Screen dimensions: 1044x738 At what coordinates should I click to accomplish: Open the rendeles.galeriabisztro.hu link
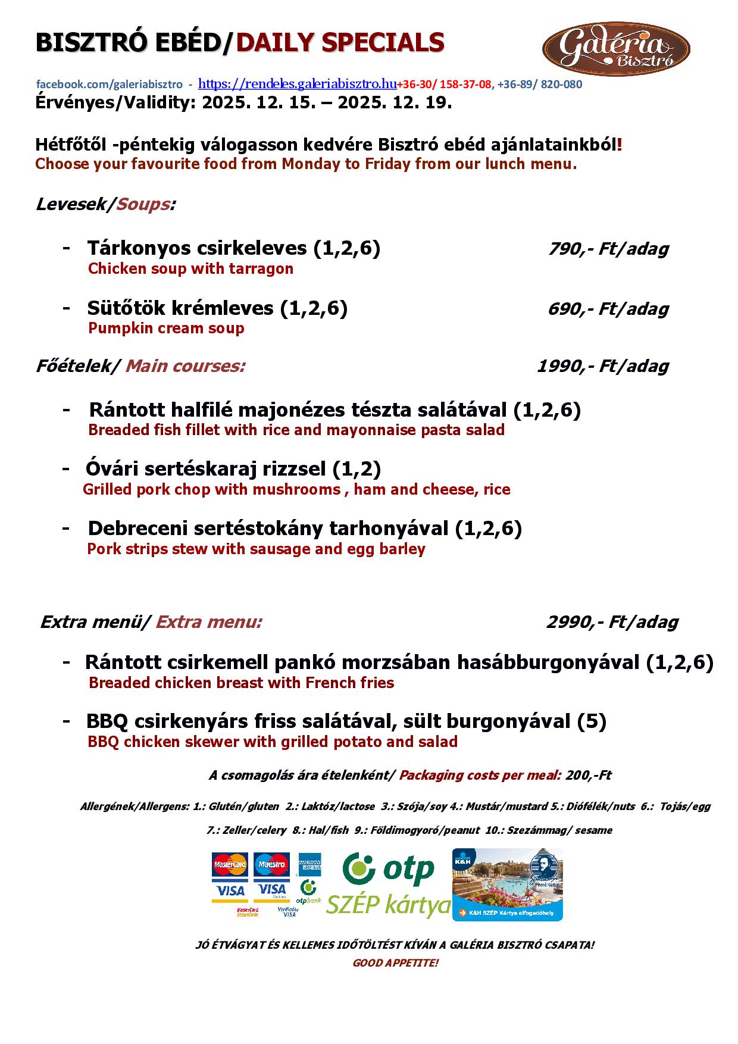point(297,84)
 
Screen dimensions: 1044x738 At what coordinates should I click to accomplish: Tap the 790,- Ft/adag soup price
point(608,249)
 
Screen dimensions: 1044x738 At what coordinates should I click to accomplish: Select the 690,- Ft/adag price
point(608,309)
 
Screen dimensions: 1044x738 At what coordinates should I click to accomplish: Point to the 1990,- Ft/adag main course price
point(602,366)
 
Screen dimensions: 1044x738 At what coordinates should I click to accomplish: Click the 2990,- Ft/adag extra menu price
point(612,623)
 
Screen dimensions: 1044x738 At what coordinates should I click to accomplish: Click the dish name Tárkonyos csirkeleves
point(197,248)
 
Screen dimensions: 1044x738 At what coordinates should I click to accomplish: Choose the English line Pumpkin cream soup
point(166,329)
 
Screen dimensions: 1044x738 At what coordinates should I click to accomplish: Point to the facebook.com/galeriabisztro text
point(110,85)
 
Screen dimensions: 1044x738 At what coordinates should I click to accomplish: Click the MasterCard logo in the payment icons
point(230,865)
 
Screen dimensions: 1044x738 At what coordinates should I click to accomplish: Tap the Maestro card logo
point(271,865)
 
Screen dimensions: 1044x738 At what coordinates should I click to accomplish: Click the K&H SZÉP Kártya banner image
point(507,884)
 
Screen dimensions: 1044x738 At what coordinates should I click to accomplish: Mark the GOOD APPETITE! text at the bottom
point(395,963)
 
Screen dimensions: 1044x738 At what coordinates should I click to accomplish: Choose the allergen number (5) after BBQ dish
point(592,721)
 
